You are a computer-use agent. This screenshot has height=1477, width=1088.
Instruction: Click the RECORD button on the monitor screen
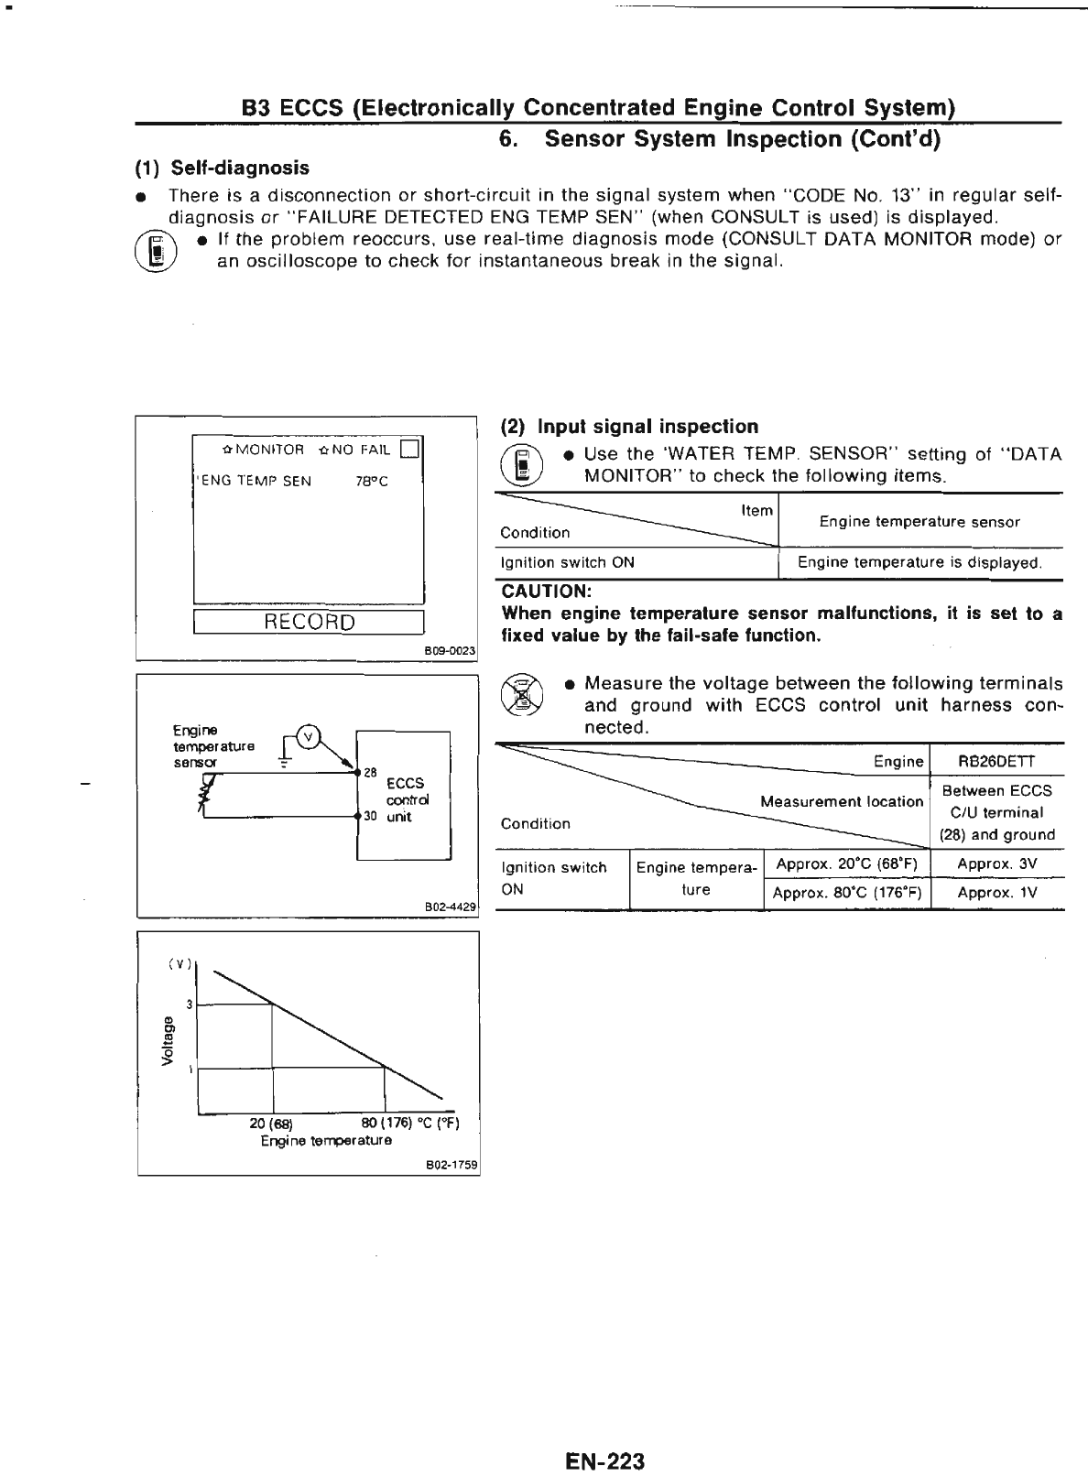click(309, 623)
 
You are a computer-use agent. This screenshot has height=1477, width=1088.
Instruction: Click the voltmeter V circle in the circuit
click(310, 735)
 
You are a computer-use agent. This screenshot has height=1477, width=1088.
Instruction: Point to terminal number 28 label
click(370, 773)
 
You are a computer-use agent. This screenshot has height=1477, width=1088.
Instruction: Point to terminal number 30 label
click(370, 816)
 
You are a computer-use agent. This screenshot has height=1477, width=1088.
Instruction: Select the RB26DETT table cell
click(996, 762)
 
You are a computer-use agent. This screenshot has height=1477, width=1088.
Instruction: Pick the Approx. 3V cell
click(996, 863)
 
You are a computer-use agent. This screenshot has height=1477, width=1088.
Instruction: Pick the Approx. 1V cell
click(996, 893)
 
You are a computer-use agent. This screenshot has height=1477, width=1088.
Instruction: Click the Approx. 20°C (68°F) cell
click(846, 863)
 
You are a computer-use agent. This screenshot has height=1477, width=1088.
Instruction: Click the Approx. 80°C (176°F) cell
click(846, 893)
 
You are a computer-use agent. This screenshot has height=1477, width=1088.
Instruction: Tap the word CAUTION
click(547, 592)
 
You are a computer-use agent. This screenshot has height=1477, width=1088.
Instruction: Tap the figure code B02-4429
click(452, 907)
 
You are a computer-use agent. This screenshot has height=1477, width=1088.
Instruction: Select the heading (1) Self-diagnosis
click(223, 168)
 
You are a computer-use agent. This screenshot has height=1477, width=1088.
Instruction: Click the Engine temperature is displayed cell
click(919, 562)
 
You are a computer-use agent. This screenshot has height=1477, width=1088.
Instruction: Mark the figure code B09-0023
click(451, 650)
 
